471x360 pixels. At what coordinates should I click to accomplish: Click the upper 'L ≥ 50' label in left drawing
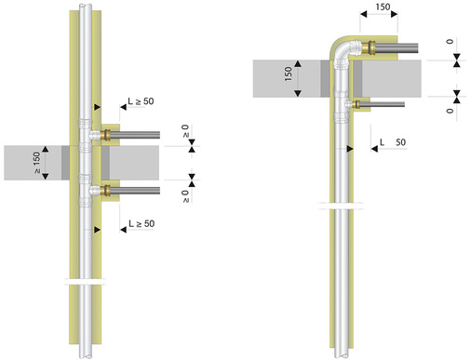[x=141, y=101]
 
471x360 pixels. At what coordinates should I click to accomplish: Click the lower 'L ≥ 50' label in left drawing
[x=141, y=223]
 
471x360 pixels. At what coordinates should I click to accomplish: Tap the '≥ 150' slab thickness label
[x=36, y=162]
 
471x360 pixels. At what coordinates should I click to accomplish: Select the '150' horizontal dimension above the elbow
[x=383, y=7]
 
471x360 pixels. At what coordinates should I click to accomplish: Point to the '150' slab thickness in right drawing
[x=289, y=73]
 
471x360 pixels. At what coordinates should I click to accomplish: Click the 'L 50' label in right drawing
[x=393, y=142]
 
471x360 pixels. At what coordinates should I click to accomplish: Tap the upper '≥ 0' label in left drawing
[x=185, y=131]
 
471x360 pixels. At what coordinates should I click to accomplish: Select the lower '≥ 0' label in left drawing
[x=185, y=196]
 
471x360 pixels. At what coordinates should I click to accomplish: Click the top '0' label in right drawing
[x=450, y=41]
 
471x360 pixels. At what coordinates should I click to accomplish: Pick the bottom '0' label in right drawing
[x=450, y=111]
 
